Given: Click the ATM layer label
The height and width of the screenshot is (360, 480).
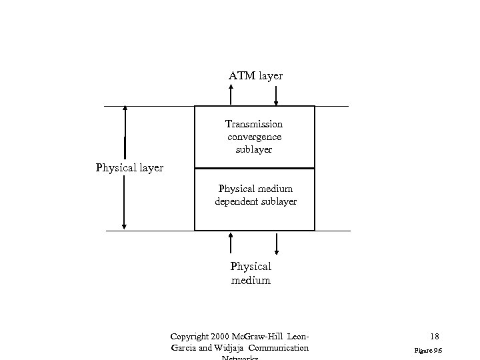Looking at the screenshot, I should pos(255,76).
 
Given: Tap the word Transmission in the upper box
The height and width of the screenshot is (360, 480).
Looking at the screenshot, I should pos(254,124).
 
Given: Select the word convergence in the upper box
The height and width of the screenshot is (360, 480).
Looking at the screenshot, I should pos(254,137).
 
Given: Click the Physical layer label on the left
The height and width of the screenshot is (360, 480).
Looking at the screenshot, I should pos(129,168).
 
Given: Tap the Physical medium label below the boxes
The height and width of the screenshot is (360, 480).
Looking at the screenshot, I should pos(251,273).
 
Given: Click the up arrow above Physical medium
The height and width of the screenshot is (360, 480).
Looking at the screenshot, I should pos(231,243).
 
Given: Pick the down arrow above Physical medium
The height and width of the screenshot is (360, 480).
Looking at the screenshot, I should pos(277,243).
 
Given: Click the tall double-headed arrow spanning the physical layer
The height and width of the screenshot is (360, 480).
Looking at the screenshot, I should pos(125,168).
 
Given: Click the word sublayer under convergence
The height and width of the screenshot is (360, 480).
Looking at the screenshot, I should pos(254,149).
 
